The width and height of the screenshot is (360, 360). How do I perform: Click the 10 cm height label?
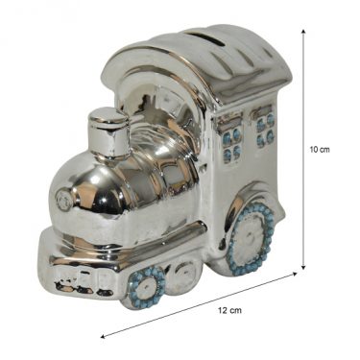click(x=320, y=150)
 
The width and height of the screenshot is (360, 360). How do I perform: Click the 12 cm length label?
click(x=229, y=310)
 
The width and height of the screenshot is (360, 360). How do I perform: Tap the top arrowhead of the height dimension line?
click(x=303, y=32)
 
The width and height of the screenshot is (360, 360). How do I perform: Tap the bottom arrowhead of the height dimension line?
click(x=303, y=267)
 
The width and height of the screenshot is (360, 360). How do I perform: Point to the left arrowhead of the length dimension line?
click(x=103, y=336)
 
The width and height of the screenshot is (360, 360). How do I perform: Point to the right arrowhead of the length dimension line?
click(x=295, y=274)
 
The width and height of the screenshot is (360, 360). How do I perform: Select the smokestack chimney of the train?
click(x=108, y=132)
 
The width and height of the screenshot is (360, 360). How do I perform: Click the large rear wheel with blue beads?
click(x=251, y=239)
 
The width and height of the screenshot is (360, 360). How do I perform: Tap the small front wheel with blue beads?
click(x=147, y=287)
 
